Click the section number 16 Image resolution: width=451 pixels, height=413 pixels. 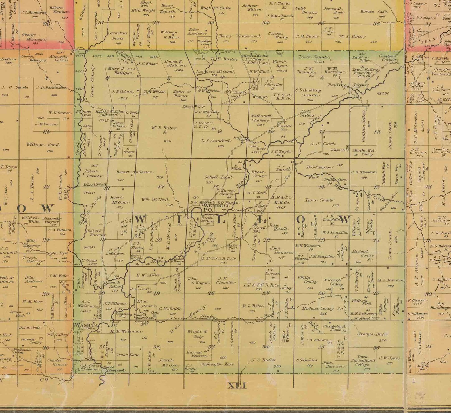(216, 187)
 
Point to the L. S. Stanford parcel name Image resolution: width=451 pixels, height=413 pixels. (216, 140)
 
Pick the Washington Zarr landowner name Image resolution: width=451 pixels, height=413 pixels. (215, 364)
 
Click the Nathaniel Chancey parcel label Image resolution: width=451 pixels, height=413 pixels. (261, 118)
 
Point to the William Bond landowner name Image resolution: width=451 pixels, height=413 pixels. (43, 144)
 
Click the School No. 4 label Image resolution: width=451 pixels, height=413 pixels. (339, 150)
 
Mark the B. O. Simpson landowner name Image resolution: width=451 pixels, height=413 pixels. (319, 167)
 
